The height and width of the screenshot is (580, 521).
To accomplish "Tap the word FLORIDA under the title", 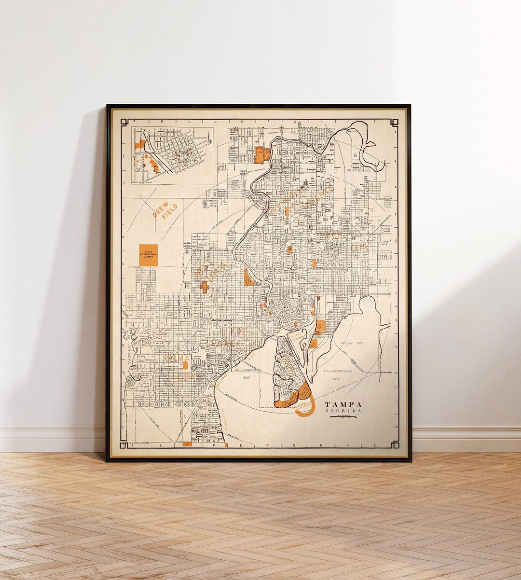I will (344, 411).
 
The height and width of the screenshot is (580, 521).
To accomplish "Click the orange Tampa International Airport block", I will (148, 255).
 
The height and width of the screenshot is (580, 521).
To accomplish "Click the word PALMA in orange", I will (174, 358).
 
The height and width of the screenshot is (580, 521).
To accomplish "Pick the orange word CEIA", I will (186, 376).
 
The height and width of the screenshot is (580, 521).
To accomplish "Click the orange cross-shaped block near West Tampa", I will (205, 287).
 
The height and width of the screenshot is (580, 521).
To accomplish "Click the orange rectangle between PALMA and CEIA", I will (185, 365).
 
